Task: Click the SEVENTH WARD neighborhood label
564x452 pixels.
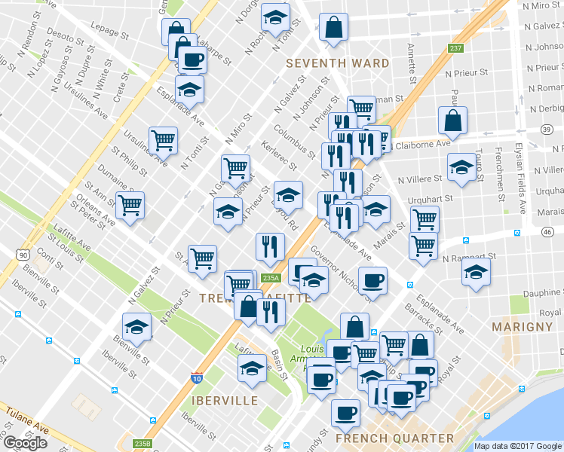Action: (x=337, y=63)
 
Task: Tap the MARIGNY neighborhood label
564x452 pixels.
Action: (x=522, y=326)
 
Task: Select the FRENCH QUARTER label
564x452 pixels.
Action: (x=395, y=438)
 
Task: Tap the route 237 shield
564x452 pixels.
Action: (x=455, y=49)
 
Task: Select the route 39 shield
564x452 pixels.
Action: (x=545, y=130)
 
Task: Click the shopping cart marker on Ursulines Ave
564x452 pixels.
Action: (x=164, y=139)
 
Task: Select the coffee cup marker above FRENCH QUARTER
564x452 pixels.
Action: (x=346, y=412)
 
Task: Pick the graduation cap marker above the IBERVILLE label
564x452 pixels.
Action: (x=252, y=368)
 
